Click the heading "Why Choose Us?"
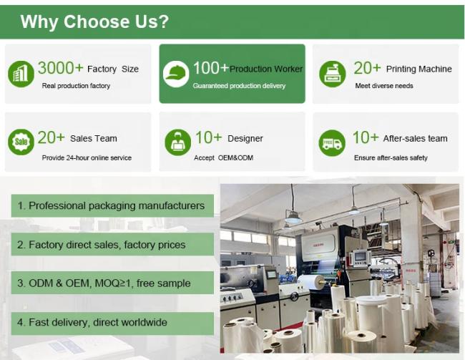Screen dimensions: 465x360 [94, 21]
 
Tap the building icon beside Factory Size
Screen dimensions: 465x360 [21, 74]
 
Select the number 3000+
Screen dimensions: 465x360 [60, 68]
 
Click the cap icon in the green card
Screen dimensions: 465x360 [176, 74]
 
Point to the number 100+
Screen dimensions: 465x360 [211, 68]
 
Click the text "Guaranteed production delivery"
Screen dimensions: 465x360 [239, 86]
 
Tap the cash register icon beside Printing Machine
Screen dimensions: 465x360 [333, 74]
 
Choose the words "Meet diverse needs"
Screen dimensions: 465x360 [384, 86]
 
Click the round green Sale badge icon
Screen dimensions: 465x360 [21, 142]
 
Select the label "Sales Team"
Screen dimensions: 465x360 [94, 138]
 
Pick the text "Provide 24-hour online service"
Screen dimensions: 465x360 [87, 158]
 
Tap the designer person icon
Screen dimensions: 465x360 [177, 142]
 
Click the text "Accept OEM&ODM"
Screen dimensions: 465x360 [224, 158]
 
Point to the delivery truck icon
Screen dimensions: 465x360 [332, 143]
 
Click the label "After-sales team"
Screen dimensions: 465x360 [415, 138]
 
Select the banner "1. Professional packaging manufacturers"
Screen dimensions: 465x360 [112, 205]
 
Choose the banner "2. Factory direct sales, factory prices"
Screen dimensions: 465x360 [112, 244]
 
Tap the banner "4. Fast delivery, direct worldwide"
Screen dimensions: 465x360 [112, 323]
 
